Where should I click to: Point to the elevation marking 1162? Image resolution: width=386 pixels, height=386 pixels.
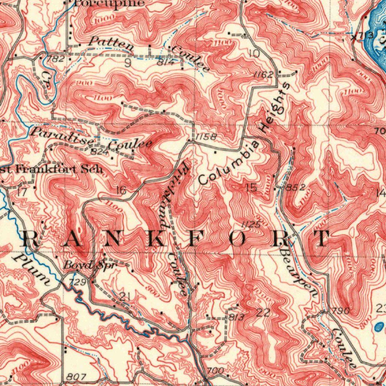pyautogui.click(x=263, y=75)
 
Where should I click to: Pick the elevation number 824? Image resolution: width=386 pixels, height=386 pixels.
pyautogui.click(x=100, y=152)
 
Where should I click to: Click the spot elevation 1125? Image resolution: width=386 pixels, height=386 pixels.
pyautogui.click(x=251, y=225)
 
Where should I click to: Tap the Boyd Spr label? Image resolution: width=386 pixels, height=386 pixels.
pyautogui.click(x=90, y=265)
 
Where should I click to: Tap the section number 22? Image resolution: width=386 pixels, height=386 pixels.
pyautogui.click(x=263, y=312)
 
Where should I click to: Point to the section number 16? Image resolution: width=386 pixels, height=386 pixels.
pyautogui.click(x=121, y=190)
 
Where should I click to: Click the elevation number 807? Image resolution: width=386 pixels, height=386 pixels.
pyautogui.click(x=78, y=377)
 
